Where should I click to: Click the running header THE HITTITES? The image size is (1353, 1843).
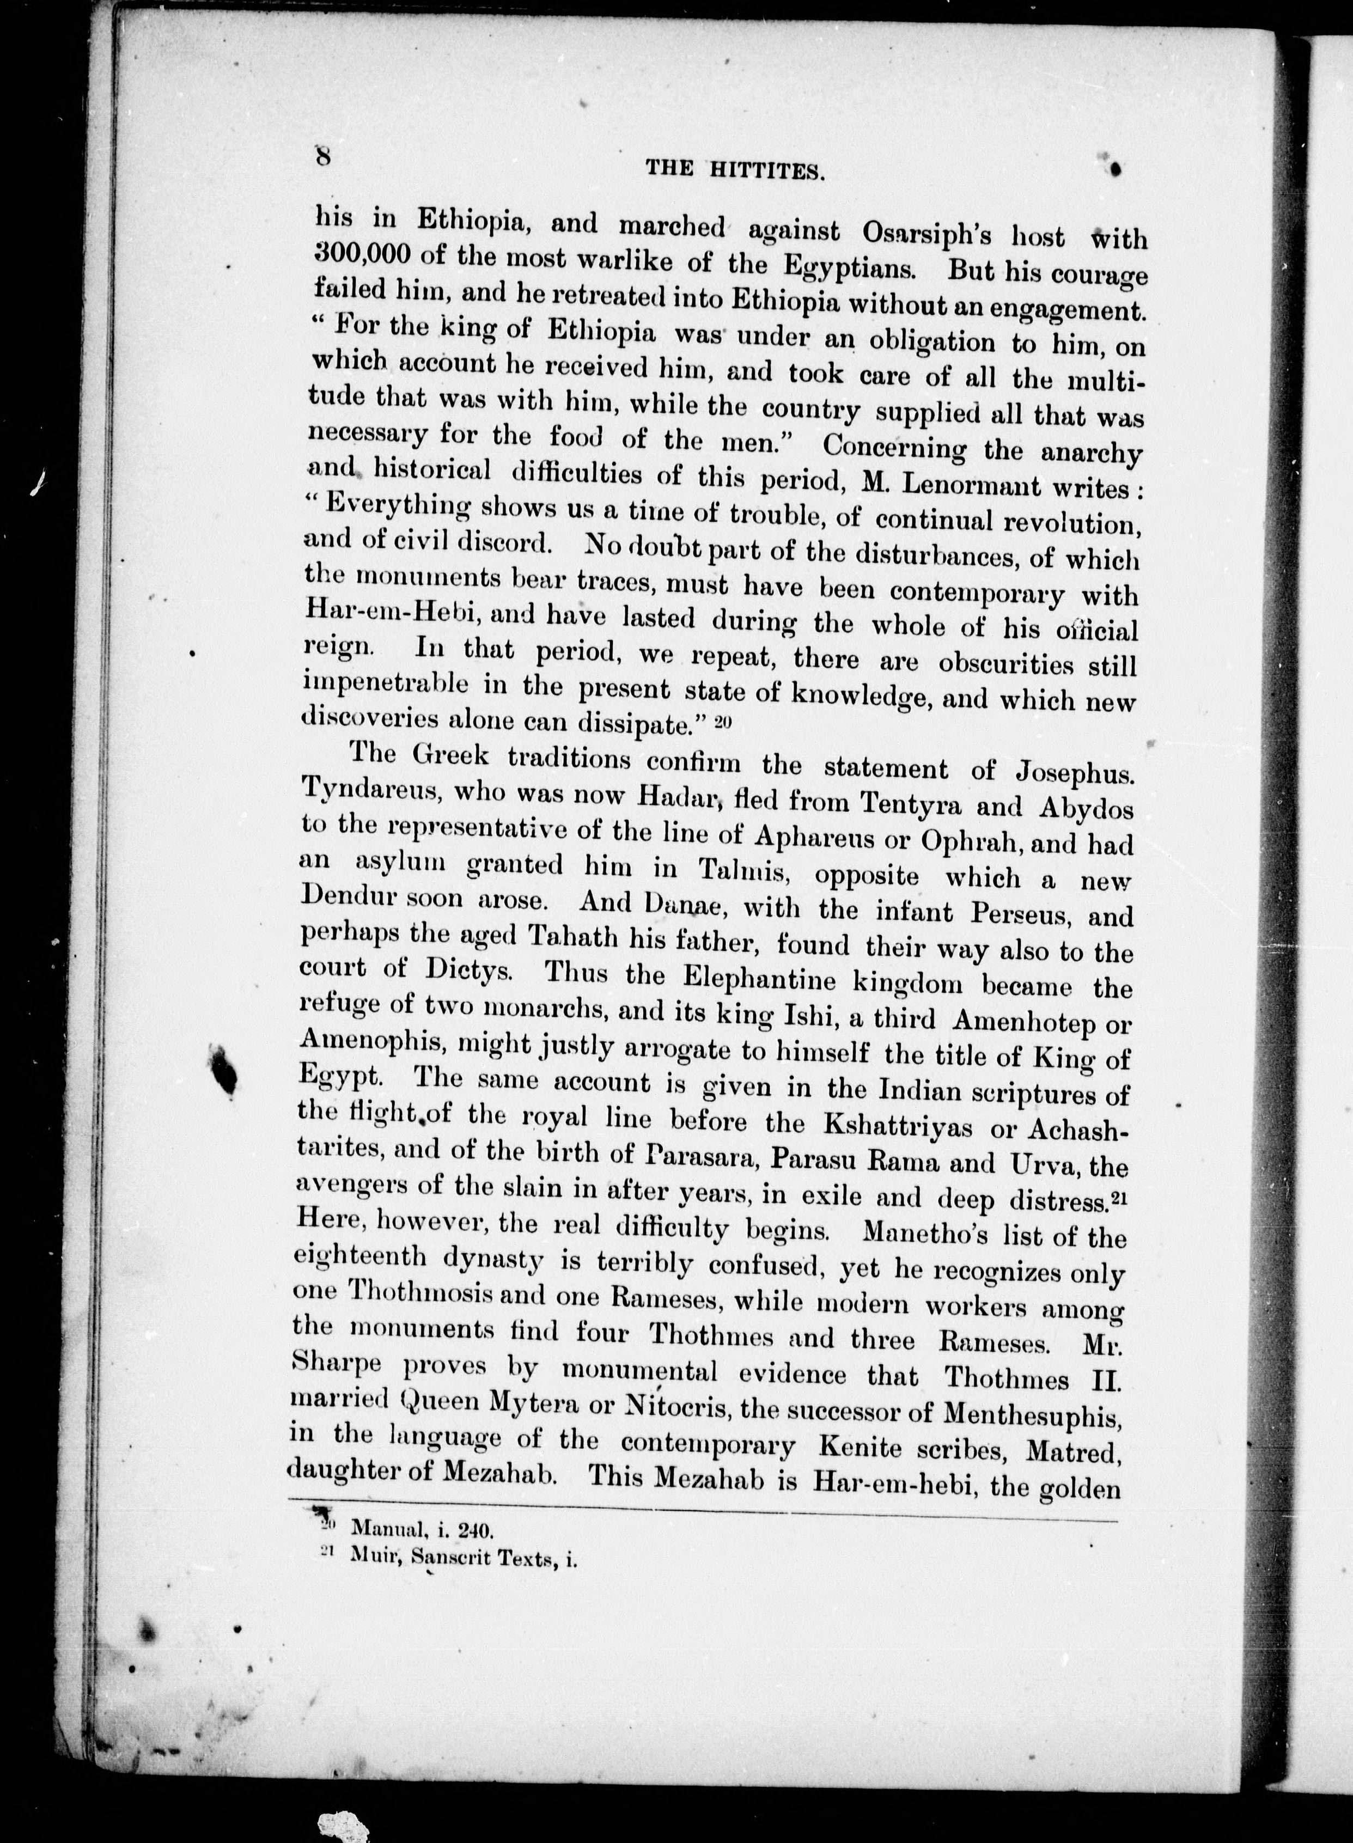(734, 169)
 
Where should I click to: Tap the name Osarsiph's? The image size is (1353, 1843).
(931, 233)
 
